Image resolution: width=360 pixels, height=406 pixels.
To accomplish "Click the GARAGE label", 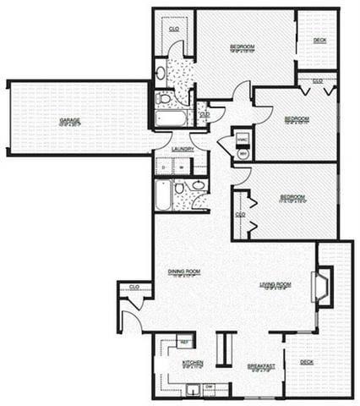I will tap(70, 121).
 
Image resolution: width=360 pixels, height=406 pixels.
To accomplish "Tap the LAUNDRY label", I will tap(183, 149).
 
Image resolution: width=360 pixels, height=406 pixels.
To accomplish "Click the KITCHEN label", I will tap(193, 363).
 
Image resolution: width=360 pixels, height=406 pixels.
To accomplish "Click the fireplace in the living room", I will tap(322, 286).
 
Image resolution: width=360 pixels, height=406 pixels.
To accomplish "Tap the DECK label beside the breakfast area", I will tap(306, 361).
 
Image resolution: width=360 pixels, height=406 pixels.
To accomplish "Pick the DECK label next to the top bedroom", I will tap(319, 40).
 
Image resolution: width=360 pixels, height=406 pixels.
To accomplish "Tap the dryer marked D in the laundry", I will tap(165, 167).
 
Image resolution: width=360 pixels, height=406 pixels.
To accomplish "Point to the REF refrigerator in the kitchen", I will tap(184, 342).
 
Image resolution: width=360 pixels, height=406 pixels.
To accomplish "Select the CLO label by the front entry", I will tap(134, 288).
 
